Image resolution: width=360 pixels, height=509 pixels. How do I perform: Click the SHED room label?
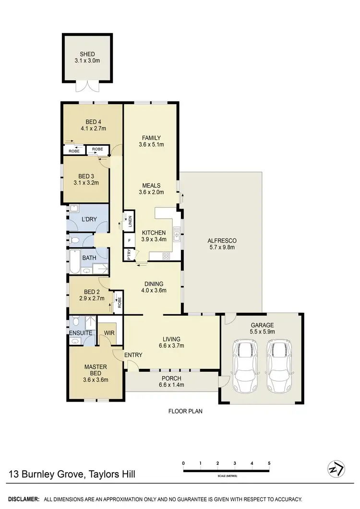pyautogui.click(x=87, y=54)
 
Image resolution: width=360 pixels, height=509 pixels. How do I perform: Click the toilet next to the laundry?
pyautogui.click(x=74, y=239)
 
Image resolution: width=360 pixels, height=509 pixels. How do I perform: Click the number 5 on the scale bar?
pyautogui.click(x=269, y=463)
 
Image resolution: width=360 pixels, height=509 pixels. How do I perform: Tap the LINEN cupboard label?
pyautogui.click(x=129, y=221)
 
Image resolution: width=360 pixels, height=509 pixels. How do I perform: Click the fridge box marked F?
pyautogui.click(x=129, y=240)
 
